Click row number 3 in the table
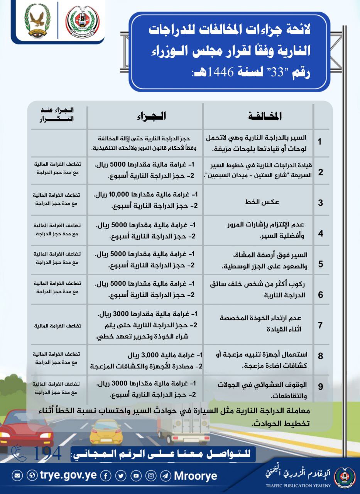click(x=320, y=203)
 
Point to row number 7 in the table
click(x=320, y=325)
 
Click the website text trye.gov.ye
click(x=68, y=475)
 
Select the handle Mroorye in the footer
click(x=196, y=475)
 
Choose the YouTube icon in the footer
click(x=136, y=475)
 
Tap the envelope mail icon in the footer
click(x=17, y=475)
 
